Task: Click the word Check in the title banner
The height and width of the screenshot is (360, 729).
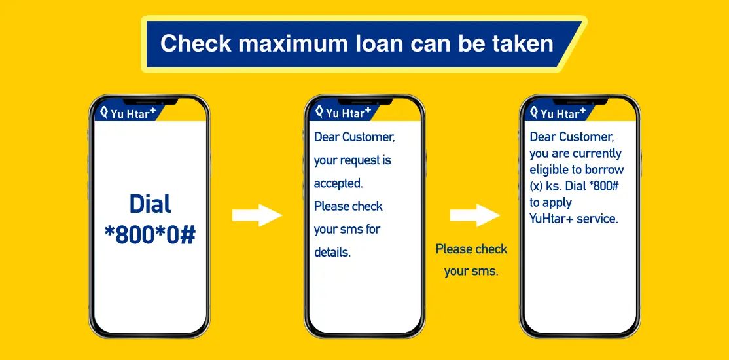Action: (196, 43)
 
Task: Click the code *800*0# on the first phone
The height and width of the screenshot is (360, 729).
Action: (150, 236)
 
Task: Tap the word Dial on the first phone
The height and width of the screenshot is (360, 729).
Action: (150, 204)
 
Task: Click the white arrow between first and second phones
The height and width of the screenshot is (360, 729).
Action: (257, 215)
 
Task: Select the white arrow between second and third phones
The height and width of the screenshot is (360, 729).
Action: (474, 215)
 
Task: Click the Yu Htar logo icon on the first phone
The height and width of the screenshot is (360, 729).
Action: (105, 112)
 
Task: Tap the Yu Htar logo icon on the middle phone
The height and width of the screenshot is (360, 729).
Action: (320, 112)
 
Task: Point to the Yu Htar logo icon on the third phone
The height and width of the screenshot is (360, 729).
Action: (535, 112)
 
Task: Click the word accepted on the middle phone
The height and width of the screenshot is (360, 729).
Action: (338, 183)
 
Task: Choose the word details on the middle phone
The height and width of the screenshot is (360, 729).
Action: (332, 253)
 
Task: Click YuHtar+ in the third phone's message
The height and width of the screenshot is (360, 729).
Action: (552, 219)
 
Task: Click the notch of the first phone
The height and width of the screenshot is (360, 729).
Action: (150, 101)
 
